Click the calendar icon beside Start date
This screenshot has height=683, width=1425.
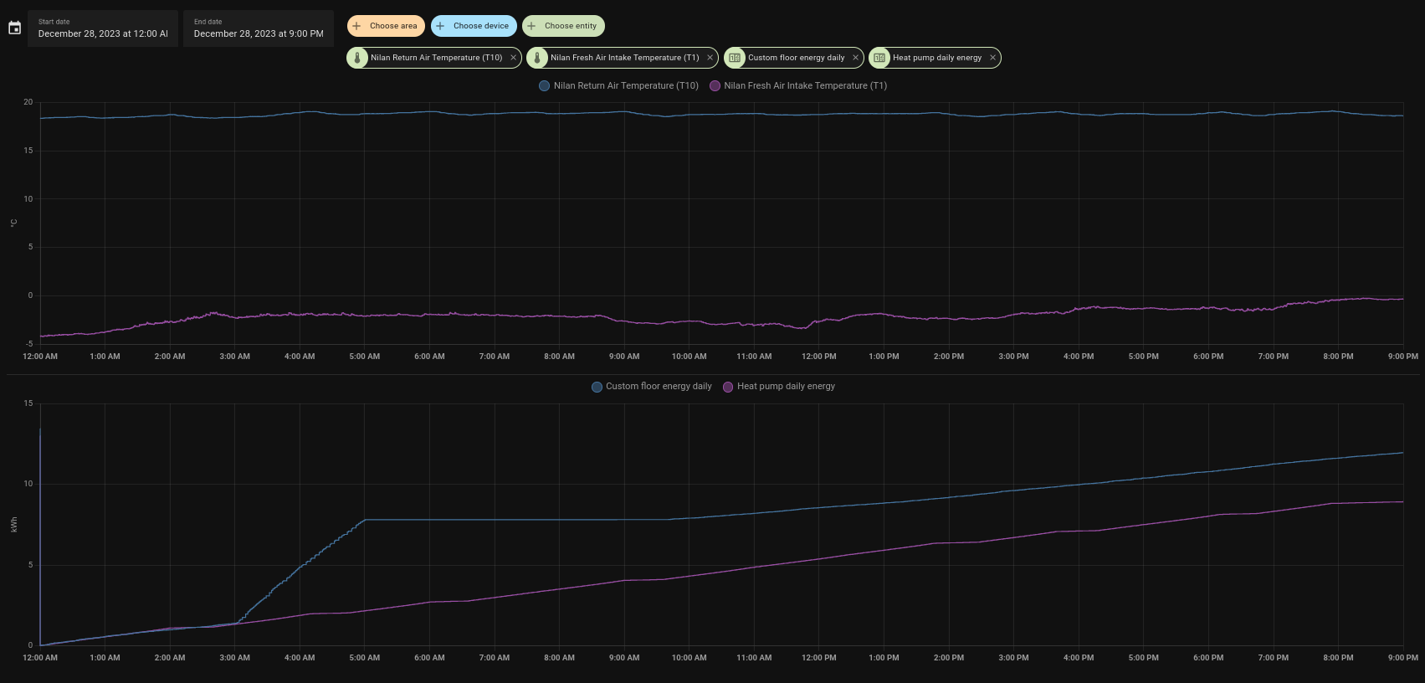click(x=14, y=28)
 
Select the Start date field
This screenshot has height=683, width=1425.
click(x=103, y=28)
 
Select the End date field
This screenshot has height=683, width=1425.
click(x=259, y=28)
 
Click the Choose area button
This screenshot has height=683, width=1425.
click(x=386, y=26)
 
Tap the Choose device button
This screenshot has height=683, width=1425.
click(x=474, y=26)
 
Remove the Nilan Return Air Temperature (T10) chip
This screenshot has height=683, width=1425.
click(x=513, y=58)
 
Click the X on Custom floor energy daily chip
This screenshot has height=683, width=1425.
click(x=855, y=58)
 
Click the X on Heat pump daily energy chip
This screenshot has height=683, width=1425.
click(x=992, y=58)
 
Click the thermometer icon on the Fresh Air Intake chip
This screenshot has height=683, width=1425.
click(x=537, y=58)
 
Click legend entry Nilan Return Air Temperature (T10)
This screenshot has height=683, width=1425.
click(x=619, y=85)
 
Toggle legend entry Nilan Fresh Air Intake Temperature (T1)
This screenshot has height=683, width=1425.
click(x=798, y=85)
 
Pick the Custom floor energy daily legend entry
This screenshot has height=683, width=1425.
click(x=652, y=387)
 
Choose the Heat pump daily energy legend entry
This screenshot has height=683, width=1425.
click(x=779, y=387)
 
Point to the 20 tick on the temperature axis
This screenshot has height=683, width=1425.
click(x=28, y=102)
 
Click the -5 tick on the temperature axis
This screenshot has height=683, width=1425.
click(x=28, y=344)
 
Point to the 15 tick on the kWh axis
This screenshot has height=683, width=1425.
click(x=28, y=403)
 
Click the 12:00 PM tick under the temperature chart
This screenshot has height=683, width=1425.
click(x=818, y=357)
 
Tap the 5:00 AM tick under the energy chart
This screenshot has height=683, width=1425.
click(x=364, y=658)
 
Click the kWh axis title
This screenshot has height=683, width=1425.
click(x=14, y=525)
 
